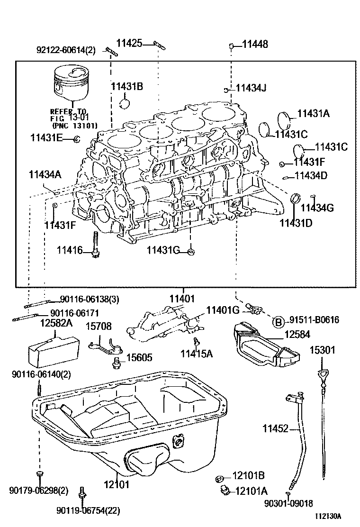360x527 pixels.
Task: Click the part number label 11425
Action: tap(129, 44)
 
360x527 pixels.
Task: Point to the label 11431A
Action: tap(313, 114)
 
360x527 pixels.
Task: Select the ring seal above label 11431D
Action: tap(295, 198)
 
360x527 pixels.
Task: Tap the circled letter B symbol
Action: tap(279, 322)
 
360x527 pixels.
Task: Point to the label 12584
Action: tap(297, 335)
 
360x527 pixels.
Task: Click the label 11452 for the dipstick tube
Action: tap(275, 428)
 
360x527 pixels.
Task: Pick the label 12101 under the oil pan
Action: tap(116, 485)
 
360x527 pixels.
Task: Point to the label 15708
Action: tap(98, 326)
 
